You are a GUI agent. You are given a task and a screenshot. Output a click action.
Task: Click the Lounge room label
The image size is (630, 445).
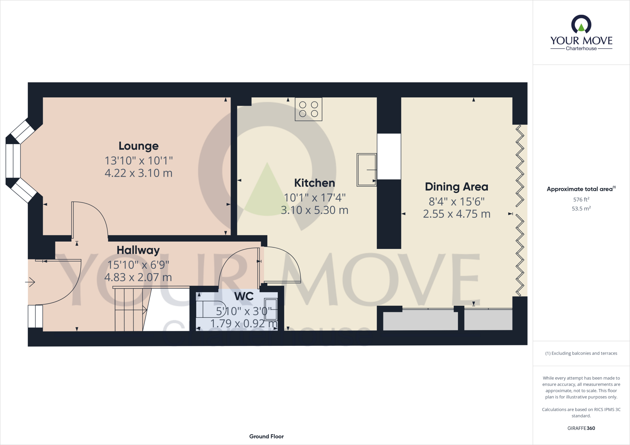pos(138,146)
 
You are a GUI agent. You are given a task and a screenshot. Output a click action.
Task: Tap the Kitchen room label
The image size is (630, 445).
pos(314,183)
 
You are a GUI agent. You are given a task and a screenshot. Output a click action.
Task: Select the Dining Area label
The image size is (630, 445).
pos(457,187)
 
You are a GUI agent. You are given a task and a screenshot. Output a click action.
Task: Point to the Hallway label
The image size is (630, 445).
pos(138,250)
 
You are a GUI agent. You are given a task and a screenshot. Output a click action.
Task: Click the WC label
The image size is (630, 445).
pos(244,296)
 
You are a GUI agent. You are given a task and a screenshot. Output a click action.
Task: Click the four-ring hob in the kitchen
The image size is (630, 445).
pos(309,109)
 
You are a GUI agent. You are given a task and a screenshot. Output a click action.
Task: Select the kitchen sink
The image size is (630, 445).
pos(367,170)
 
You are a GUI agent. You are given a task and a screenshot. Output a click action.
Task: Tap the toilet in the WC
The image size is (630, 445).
pos(211,309)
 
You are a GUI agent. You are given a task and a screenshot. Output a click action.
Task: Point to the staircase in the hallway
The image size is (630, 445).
pos(130,309)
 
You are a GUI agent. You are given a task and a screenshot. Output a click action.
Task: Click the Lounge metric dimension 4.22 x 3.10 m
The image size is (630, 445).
pos(138,173)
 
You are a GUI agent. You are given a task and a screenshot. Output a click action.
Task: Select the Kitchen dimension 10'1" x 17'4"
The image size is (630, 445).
pos(314,198)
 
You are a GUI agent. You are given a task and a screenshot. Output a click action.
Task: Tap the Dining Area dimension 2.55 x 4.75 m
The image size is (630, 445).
pos(457,214)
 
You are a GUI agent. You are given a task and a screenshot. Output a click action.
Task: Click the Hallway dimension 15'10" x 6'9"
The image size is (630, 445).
pos(138,265)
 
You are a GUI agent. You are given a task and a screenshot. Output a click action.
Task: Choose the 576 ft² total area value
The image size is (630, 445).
pos(581,199)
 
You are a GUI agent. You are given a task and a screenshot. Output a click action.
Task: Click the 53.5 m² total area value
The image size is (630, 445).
pos(581,209)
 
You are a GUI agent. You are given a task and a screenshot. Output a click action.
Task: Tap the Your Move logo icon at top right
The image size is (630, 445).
pos(581,25)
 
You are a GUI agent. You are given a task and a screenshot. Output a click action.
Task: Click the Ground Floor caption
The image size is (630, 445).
pos(266,436)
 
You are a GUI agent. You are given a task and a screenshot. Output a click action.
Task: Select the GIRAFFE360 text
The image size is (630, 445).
pos(581,428)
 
